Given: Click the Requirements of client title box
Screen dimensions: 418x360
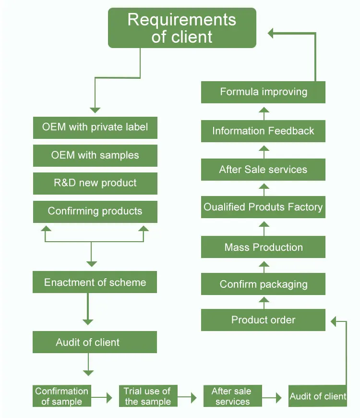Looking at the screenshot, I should click(x=182, y=28).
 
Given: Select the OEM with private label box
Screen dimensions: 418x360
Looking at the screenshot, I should click(x=95, y=127).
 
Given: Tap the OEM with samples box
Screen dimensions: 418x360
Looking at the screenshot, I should click(x=95, y=155).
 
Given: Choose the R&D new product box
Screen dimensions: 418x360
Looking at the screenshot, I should click(x=95, y=183).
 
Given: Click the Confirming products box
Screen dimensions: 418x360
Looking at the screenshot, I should click(x=95, y=211).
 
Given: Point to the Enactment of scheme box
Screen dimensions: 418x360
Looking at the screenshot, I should click(x=95, y=282).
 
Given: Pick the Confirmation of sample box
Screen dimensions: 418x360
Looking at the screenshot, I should click(x=61, y=396).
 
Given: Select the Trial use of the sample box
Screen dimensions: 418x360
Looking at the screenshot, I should click(x=147, y=396).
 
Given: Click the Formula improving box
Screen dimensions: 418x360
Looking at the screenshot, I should click(x=263, y=92).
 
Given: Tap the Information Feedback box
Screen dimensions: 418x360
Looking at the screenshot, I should click(x=263, y=131).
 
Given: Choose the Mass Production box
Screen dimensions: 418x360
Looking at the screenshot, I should click(x=263, y=247).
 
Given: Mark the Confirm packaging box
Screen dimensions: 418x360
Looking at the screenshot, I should click(x=263, y=284).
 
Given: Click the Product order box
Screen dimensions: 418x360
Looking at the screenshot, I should click(x=263, y=320).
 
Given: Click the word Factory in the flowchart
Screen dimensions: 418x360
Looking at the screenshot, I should click(x=305, y=208).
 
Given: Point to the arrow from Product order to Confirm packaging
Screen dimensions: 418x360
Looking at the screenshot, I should click(x=264, y=302).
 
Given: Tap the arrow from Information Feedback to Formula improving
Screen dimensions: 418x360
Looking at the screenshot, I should click(x=264, y=112).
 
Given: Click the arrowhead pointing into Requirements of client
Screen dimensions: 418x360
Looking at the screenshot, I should click(x=271, y=33).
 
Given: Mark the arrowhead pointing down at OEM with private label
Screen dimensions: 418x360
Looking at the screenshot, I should click(x=95, y=110).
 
